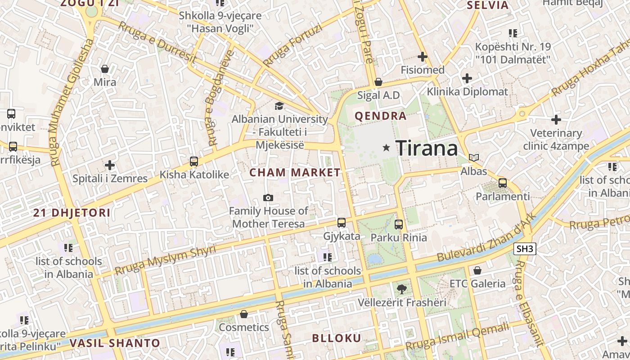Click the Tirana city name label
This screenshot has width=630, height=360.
pyautogui.click(x=427, y=148)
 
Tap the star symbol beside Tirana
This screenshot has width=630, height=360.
pyautogui.click(x=386, y=148)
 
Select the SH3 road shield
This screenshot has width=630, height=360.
pyautogui.click(x=525, y=248)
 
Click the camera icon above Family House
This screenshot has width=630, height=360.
pyautogui.click(x=268, y=198)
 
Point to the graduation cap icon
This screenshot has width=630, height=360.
pyautogui.click(x=279, y=106)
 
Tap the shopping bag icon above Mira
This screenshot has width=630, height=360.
pyautogui.click(x=105, y=69)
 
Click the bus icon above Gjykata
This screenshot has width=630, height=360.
pyautogui.click(x=342, y=223)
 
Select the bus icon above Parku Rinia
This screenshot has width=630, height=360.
pyautogui.click(x=399, y=224)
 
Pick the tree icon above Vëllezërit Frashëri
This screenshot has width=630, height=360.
pyautogui.click(x=402, y=289)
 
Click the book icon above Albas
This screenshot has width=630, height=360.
pyautogui.click(x=474, y=158)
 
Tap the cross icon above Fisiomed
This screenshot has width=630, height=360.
pyautogui.click(x=422, y=57)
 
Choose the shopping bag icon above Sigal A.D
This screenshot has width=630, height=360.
pyautogui.click(x=378, y=82)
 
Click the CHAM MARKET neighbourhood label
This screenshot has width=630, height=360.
pyautogui.click(x=295, y=172)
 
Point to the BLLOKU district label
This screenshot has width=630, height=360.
pyautogui.click(x=337, y=338)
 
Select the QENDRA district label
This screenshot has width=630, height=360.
pyautogui.click(x=381, y=116)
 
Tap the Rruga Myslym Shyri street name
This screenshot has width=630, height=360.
pyautogui.click(x=165, y=260)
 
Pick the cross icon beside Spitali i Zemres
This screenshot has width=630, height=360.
pyautogui.click(x=110, y=165)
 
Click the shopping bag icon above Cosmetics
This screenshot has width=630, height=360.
pyautogui.click(x=244, y=314)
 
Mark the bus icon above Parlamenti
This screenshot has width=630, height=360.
pyautogui.click(x=503, y=183)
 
